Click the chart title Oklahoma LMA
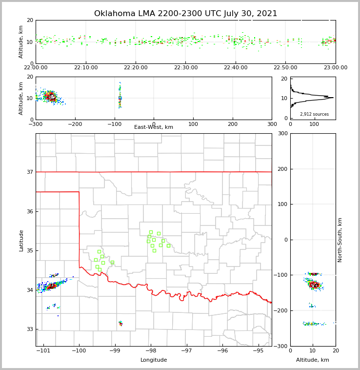coord(185,14)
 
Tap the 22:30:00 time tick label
coord(185,68)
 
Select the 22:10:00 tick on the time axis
coord(86,68)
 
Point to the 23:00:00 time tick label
coord(336,68)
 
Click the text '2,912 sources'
coord(314,114)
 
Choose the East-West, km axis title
coord(154,127)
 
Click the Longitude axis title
coord(154,360)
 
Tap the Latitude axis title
coord(21,240)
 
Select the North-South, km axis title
coord(340,240)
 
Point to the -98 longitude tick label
coord(151,350)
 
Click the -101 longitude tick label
coord(43,350)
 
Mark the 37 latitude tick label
coord(29,172)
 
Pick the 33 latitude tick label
coord(29,329)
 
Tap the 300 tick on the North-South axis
coord(282,134)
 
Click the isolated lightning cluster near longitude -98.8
coord(120,323)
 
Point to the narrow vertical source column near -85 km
coord(120,98)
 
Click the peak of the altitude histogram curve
coord(333,98)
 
